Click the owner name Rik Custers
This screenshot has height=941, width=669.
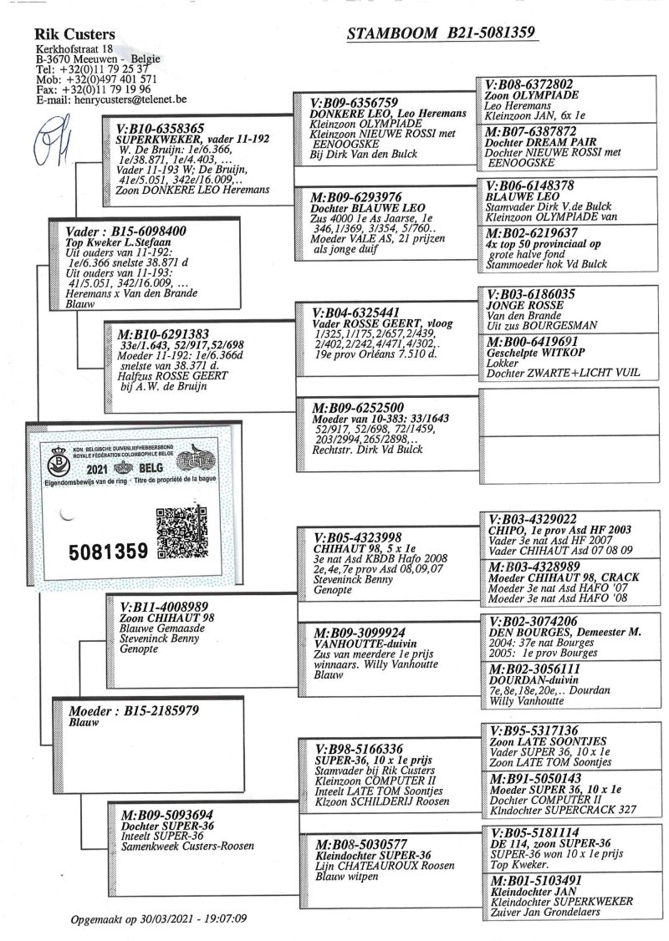point(75,34)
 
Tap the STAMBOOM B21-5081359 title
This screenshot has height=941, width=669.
point(441,33)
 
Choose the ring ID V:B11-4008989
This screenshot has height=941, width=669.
point(165,607)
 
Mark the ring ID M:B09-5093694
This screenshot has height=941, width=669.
point(166,813)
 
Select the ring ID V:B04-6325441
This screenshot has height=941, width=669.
point(361,312)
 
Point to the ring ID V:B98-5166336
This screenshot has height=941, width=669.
point(360,750)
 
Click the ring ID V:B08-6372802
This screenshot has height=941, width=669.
point(529,85)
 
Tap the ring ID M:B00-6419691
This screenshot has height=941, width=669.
point(532,343)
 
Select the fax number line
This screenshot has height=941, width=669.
point(93,89)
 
